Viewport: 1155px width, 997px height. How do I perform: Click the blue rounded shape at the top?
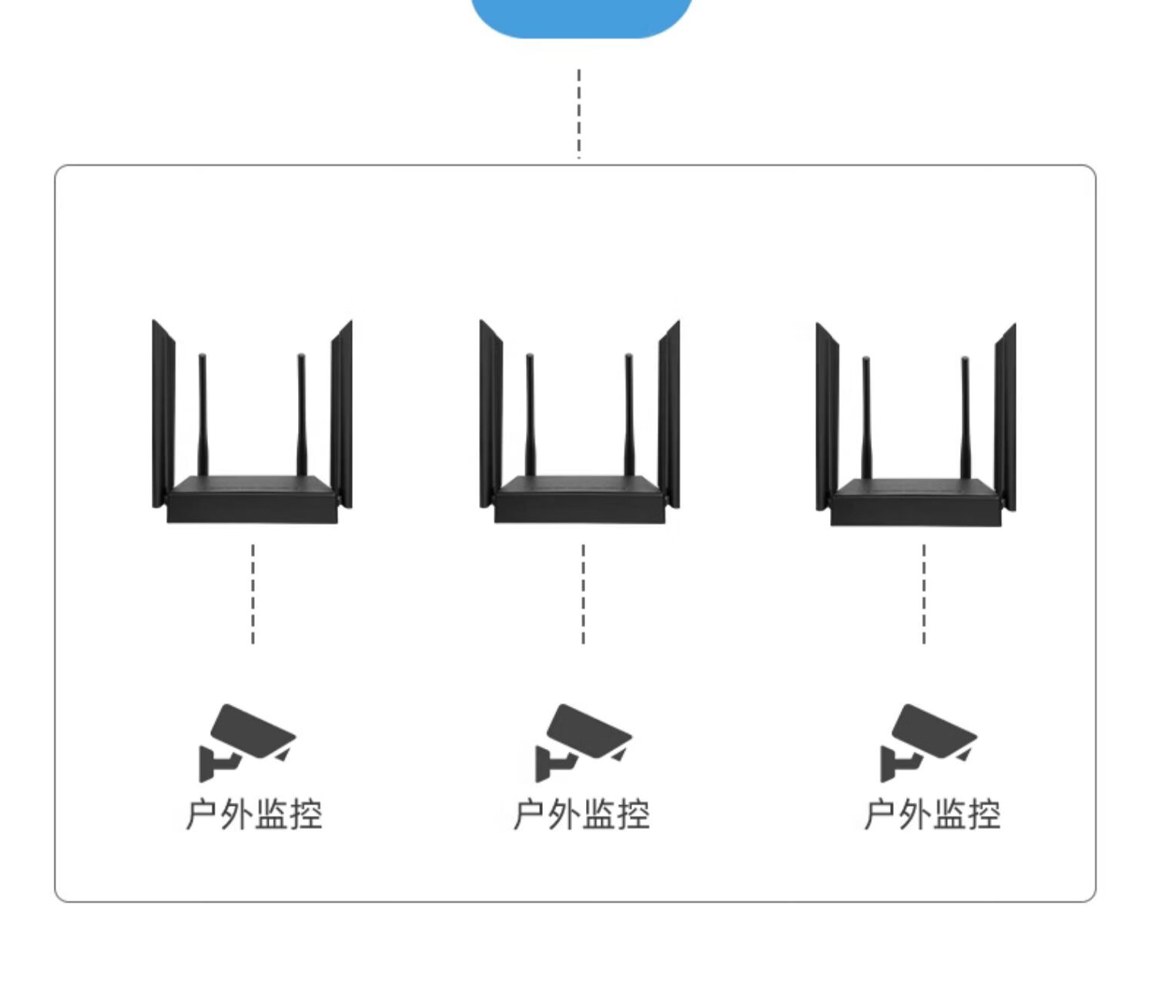pos(581,15)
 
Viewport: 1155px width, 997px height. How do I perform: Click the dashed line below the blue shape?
pos(579,113)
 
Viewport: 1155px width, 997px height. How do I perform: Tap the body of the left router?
pos(252,500)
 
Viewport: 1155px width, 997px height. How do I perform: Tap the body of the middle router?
pos(579,500)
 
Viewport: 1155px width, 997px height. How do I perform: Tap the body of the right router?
pos(916,503)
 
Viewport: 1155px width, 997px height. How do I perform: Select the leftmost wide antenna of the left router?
pos(163,416)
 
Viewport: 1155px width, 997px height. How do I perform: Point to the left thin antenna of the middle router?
pos(531,416)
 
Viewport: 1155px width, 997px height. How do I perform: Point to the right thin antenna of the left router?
pos(301,416)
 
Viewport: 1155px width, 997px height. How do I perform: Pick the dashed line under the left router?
pos(253,593)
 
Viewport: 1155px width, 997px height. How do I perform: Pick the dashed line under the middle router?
pos(583,593)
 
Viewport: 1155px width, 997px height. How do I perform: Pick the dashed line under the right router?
pos(924,593)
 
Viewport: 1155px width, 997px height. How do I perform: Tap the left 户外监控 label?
pos(254,814)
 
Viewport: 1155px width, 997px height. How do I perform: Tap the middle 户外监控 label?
pos(582,814)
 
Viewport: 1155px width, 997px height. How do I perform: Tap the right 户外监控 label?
pos(932,814)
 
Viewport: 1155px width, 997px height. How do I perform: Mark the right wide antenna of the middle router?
pos(669,416)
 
